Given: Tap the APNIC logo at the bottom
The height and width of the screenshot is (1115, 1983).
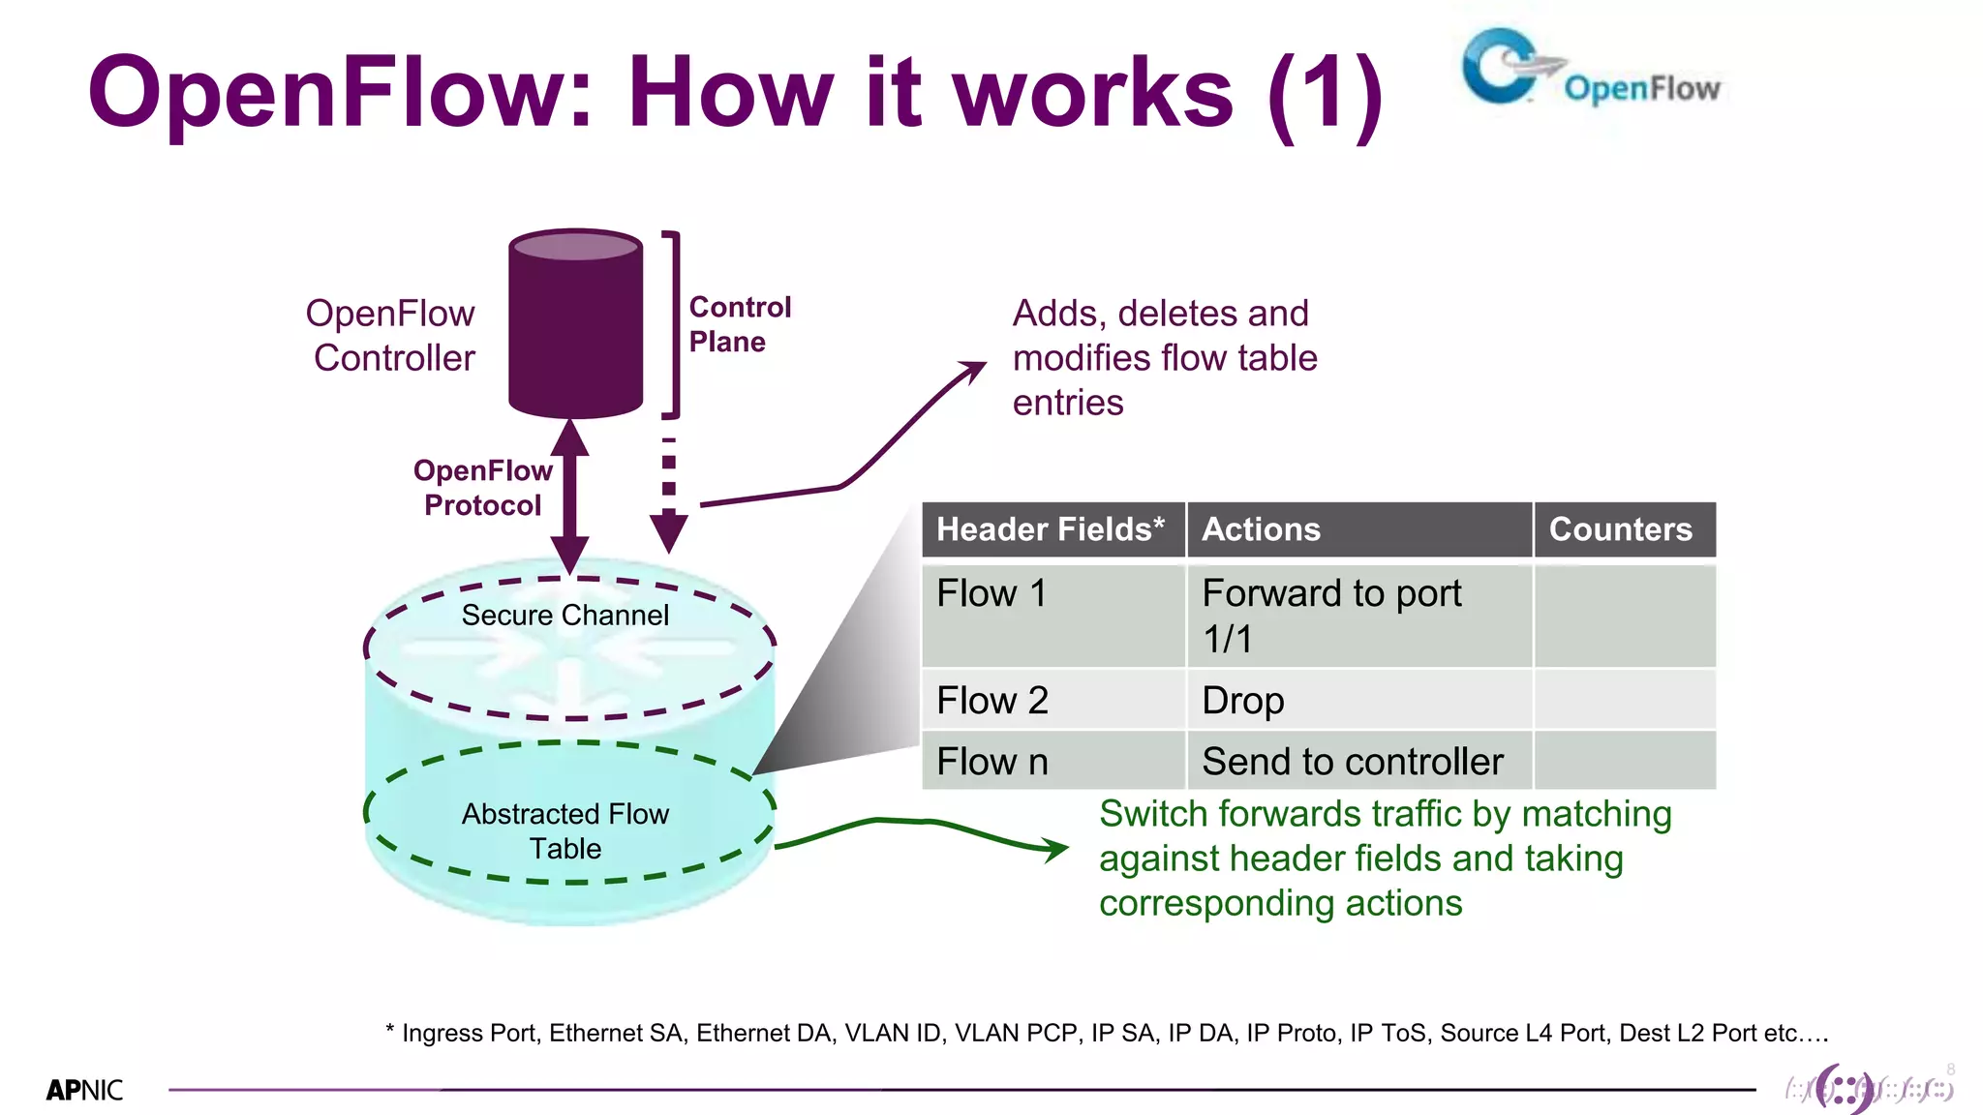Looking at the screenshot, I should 84,1090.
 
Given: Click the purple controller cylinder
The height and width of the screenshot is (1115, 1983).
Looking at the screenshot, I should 575,324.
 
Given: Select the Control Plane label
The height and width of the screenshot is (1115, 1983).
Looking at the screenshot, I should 739,324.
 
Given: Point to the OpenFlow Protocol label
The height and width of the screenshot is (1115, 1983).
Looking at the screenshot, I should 482,488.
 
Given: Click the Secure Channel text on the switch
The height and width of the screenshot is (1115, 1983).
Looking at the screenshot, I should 564,616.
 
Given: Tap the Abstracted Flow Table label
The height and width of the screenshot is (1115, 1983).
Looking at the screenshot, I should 564,830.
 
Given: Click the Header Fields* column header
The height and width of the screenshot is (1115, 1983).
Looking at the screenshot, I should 1052,529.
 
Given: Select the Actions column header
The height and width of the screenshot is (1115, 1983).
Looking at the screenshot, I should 1261,529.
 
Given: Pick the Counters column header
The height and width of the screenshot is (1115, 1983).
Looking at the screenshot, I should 1621,529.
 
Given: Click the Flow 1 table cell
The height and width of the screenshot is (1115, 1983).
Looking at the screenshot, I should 991,594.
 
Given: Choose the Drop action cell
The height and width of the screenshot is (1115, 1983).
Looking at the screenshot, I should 1243,701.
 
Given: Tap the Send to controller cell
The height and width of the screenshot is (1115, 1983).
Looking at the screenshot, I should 1352,762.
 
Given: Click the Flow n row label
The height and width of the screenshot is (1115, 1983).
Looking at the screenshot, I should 991,762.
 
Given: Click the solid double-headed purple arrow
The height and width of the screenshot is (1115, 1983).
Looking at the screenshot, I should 570,496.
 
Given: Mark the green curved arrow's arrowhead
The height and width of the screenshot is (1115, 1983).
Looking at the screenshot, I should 1057,850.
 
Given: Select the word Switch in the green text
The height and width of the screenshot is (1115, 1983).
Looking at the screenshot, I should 1152,815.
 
